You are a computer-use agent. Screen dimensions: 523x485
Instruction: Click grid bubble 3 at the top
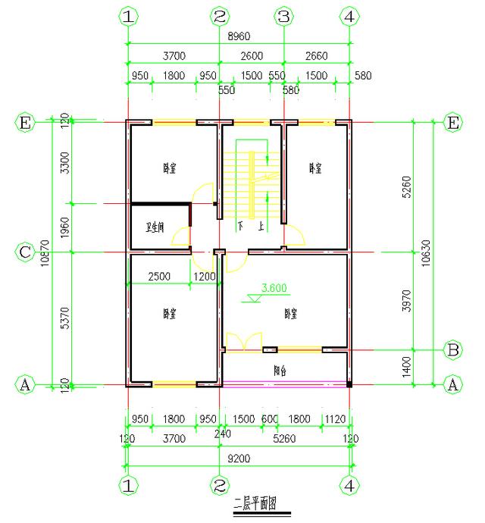[x=284, y=16]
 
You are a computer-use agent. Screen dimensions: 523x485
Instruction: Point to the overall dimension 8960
[x=239, y=36]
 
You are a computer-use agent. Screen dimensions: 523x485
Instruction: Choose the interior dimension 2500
[x=160, y=277]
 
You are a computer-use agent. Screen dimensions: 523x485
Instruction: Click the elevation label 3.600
[x=273, y=288]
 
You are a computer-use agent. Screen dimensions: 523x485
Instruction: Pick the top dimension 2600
[x=251, y=55]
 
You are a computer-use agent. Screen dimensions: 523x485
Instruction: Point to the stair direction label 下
[x=241, y=226]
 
